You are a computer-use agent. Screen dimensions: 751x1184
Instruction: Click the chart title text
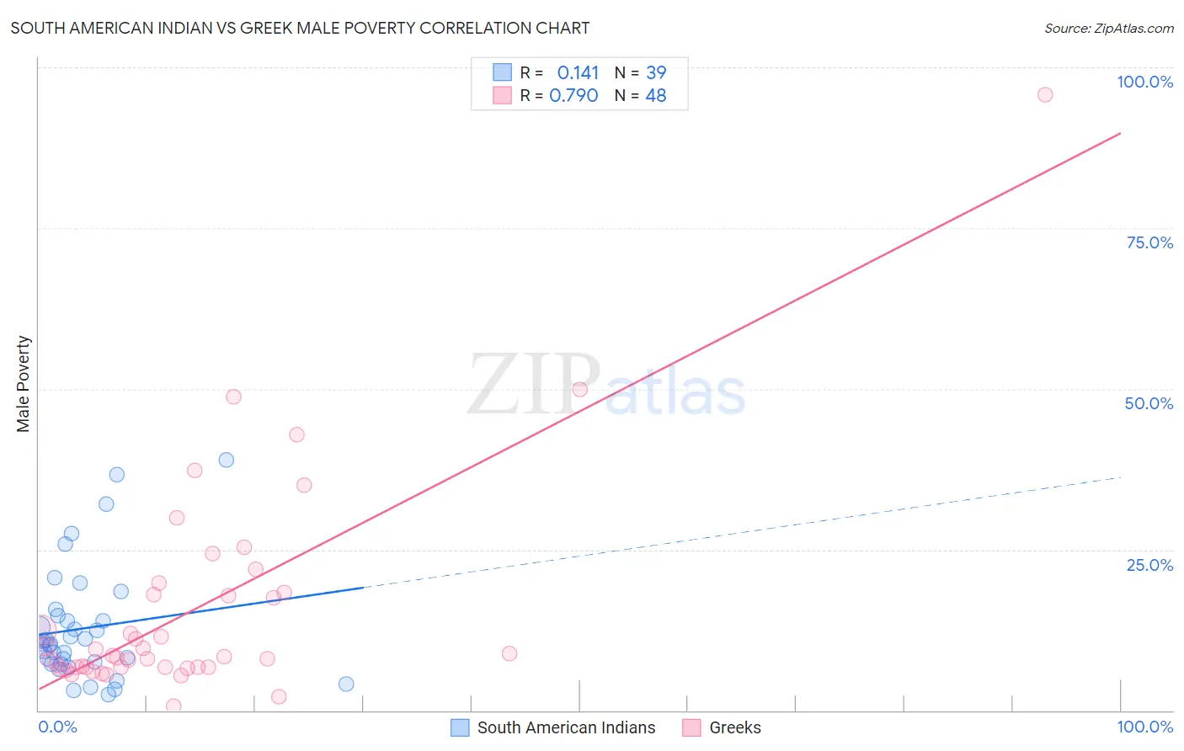300,28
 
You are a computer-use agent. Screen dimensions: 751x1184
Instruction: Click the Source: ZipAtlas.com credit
1108,28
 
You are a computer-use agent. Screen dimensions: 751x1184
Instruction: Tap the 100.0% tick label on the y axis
1144,82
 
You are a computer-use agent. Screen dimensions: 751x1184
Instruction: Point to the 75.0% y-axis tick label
1149,242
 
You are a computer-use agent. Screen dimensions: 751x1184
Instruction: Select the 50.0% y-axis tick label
1149,403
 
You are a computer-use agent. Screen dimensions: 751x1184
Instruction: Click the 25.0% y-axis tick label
1149,564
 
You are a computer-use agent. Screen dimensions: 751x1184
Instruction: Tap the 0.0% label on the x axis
57,727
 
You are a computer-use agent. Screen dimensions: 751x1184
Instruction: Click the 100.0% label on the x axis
1144,727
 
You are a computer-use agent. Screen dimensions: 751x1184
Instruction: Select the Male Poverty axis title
24,384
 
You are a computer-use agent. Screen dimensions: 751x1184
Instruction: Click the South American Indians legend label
566,727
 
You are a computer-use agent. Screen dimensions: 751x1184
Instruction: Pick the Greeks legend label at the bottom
734,727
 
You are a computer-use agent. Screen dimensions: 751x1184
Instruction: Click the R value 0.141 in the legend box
578,73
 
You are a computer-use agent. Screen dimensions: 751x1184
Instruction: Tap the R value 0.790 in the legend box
573,96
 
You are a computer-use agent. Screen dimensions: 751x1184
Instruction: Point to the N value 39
656,73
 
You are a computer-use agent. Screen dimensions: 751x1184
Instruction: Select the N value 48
656,96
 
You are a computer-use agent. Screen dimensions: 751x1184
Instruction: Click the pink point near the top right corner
1044,94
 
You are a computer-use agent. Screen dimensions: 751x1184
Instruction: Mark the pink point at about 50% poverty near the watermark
579,389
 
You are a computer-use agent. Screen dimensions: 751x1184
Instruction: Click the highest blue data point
226,460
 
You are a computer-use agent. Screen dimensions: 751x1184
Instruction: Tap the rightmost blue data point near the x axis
346,684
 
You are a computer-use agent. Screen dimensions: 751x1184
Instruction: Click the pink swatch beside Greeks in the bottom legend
691,727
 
